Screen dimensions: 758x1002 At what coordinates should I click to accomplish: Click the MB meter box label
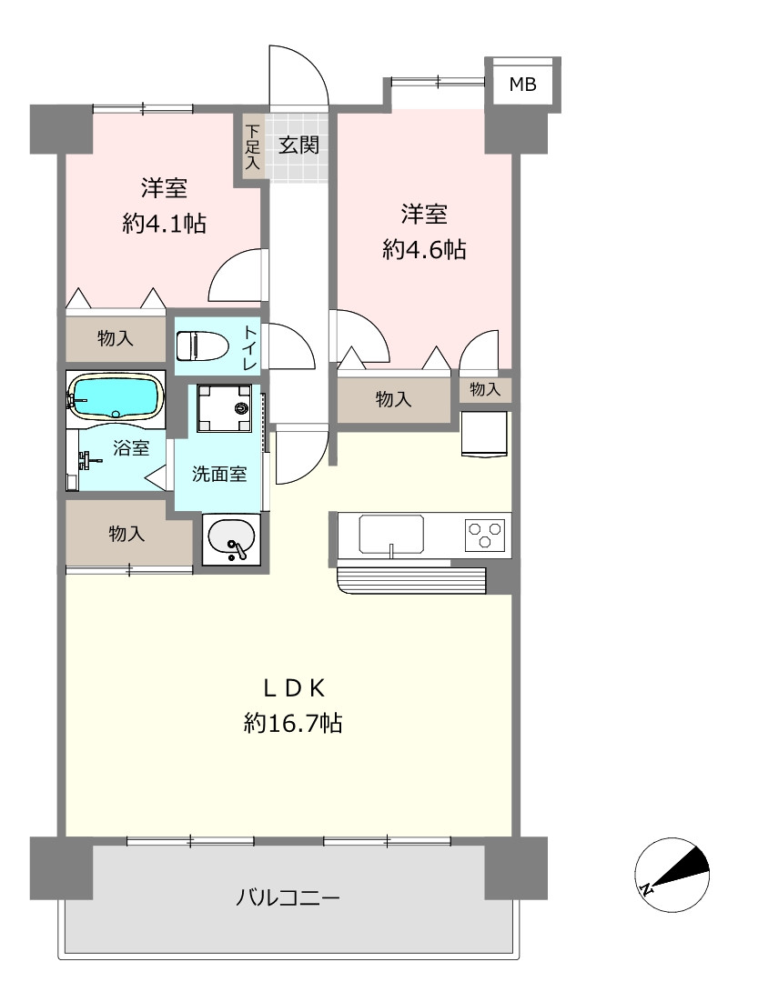522,84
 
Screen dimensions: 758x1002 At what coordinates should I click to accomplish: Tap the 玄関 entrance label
298,145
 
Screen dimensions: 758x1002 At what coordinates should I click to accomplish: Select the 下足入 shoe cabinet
253,146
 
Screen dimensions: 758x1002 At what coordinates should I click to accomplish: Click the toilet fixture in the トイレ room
201,346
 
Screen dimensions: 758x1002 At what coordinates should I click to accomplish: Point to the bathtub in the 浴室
115,396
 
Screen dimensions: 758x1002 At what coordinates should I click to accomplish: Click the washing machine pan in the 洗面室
224,407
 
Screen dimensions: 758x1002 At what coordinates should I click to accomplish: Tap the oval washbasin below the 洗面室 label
230,538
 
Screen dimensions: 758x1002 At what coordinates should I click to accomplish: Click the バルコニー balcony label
288,897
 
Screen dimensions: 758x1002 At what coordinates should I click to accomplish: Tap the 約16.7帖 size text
293,723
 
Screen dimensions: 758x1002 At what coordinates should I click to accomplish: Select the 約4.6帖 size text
424,248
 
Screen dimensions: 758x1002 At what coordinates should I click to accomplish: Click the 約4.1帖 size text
165,223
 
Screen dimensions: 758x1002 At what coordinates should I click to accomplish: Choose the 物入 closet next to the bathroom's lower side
126,532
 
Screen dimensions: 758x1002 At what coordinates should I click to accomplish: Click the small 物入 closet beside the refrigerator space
485,388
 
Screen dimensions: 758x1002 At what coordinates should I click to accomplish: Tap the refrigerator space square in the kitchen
484,434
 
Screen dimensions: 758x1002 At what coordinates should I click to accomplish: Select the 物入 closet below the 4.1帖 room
116,338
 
